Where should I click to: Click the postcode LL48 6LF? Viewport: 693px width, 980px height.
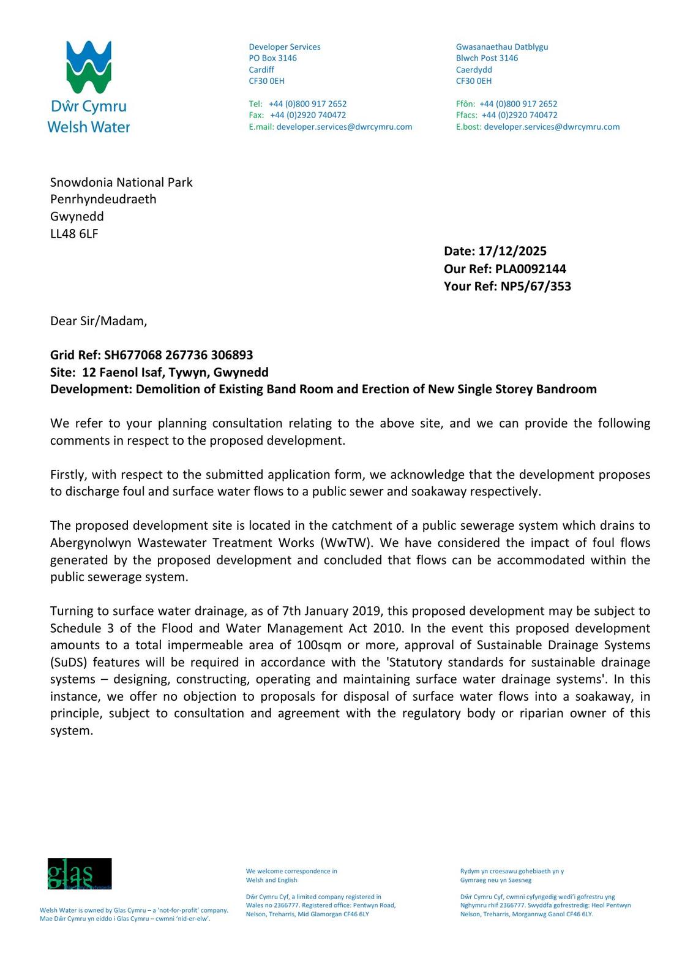coord(74,233)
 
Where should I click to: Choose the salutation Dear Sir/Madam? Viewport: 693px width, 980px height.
coord(99,321)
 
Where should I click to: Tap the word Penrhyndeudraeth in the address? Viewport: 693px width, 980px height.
coord(103,199)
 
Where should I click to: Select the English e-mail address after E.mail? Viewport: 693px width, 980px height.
coord(344,127)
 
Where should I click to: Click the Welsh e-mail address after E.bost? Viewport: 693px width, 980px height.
coord(552,127)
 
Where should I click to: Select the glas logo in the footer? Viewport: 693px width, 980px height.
coord(80,873)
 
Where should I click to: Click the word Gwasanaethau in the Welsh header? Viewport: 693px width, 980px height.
coord(484,47)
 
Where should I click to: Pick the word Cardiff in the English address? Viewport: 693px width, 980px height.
coord(261,70)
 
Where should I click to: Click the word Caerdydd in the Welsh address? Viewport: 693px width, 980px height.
coord(474,70)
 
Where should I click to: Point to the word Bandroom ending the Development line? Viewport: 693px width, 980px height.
coord(566,390)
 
